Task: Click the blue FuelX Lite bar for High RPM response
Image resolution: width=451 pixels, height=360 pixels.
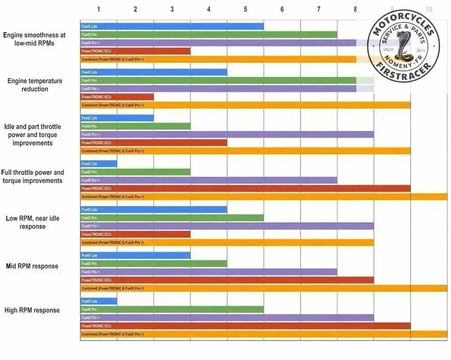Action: (x=99, y=301)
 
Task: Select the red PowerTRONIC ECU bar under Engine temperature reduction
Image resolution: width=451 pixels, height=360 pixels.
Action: (x=117, y=97)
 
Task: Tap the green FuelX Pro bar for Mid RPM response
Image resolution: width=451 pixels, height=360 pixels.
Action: (x=154, y=264)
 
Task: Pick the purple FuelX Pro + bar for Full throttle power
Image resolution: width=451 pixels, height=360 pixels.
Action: (x=209, y=180)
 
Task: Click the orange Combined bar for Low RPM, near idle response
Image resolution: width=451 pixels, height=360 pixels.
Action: (x=227, y=242)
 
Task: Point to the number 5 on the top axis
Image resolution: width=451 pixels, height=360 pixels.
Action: (x=245, y=9)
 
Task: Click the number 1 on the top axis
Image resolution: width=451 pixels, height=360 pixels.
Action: (x=99, y=9)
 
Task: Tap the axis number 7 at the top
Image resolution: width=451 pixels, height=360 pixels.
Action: (x=319, y=9)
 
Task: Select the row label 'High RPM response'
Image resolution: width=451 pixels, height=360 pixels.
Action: (x=32, y=310)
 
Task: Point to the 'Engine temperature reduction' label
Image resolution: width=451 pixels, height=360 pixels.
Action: (x=35, y=85)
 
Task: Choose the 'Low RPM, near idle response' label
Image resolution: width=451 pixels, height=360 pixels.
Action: (x=33, y=222)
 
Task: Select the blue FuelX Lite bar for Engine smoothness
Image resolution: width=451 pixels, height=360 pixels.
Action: (x=172, y=26)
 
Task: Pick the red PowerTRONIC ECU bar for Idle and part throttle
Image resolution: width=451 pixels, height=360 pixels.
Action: (x=154, y=143)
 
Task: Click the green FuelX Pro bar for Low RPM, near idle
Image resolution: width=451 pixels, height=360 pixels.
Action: (x=172, y=218)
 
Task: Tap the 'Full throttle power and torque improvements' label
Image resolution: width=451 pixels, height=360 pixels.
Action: (x=33, y=176)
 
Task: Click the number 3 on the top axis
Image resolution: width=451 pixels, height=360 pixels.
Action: (x=172, y=9)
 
